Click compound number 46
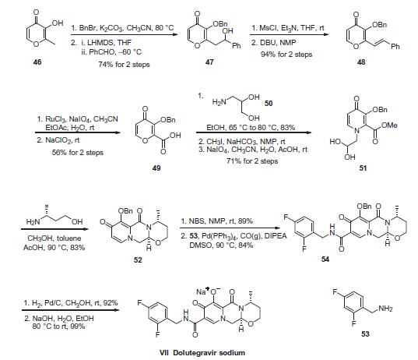37,62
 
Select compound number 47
209,62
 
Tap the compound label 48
361,62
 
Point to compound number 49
156,168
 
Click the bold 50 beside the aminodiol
269,104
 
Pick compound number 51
363,168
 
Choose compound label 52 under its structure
138,259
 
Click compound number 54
325,259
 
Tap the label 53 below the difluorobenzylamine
365,334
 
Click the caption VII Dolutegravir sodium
202,353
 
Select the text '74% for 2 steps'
124,65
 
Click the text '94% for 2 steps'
286,55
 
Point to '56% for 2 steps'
78,153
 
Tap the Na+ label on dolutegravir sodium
203,291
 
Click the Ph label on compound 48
395,47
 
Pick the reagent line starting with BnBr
122,28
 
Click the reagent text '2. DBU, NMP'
273,43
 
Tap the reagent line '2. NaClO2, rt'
58,140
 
